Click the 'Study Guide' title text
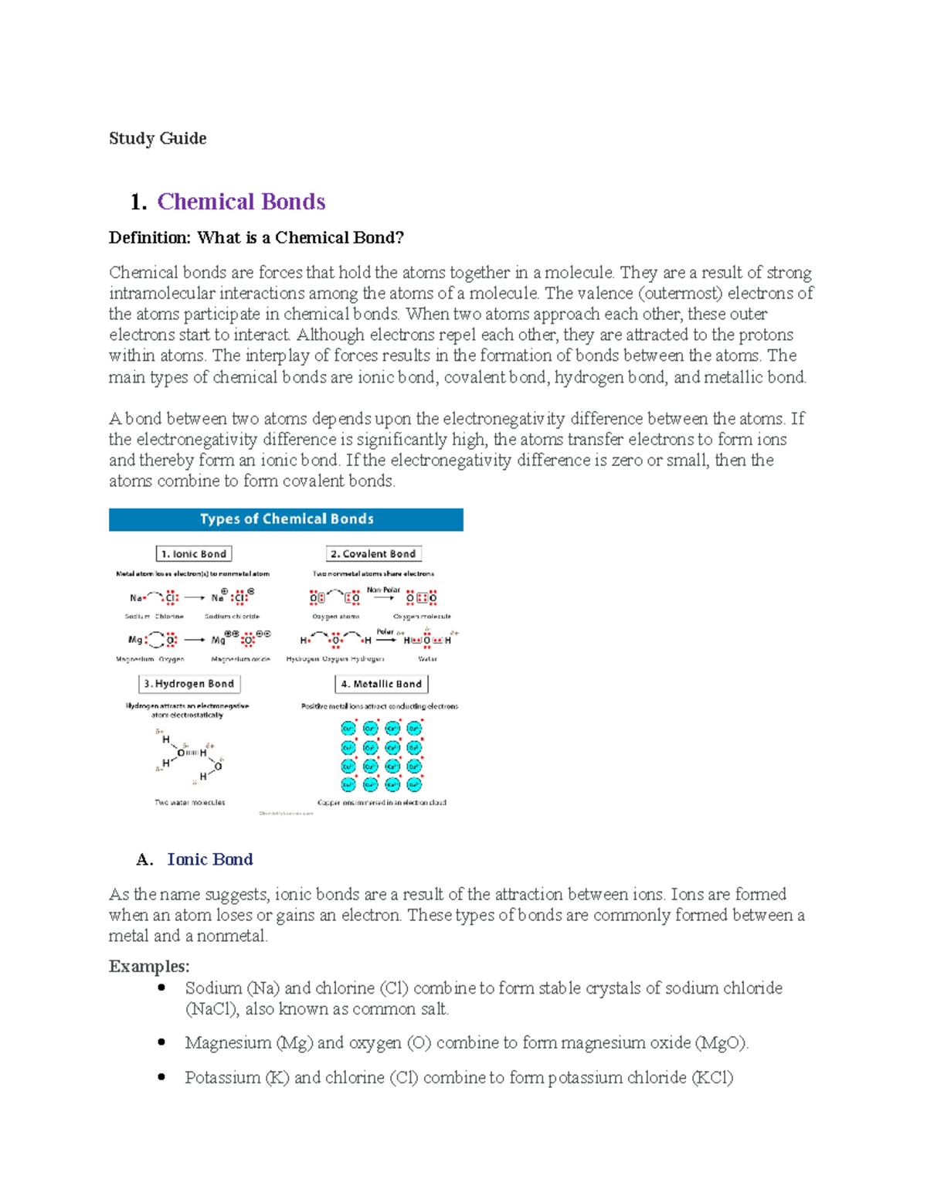pyautogui.click(x=158, y=138)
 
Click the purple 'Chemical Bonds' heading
pyautogui.click(x=241, y=202)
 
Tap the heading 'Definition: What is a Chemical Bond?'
pyautogui.click(x=256, y=237)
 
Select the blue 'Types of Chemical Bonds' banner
pyautogui.click(x=286, y=519)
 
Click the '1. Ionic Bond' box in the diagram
pyautogui.click(x=194, y=554)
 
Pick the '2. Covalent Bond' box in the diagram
pyautogui.click(x=374, y=554)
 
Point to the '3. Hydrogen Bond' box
pyautogui.click(x=189, y=684)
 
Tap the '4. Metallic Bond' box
pyautogui.click(x=382, y=684)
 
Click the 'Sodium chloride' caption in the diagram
pyautogui.click(x=232, y=617)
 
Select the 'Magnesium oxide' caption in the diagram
pyautogui.click(x=240, y=659)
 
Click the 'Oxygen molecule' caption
pyautogui.click(x=422, y=617)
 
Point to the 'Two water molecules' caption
pyautogui.click(x=190, y=802)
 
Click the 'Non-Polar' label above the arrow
pyautogui.click(x=383, y=590)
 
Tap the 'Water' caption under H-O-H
pyautogui.click(x=427, y=659)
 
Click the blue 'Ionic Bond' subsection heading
pyautogui.click(x=210, y=859)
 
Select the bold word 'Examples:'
pyautogui.click(x=149, y=966)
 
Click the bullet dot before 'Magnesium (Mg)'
pyautogui.click(x=161, y=1042)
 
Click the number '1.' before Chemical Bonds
pyautogui.click(x=139, y=202)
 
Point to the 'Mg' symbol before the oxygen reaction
pyautogui.click(x=135, y=640)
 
